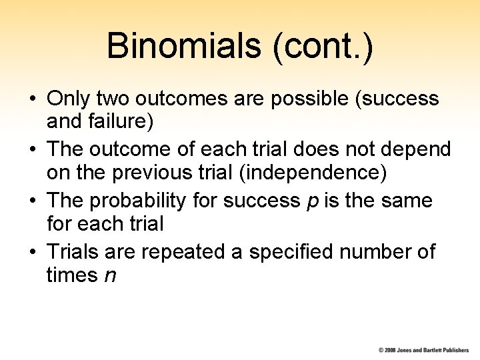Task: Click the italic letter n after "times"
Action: tap(111, 275)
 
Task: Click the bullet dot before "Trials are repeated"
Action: tap(32, 253)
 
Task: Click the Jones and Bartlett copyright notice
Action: tap(423, 349)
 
